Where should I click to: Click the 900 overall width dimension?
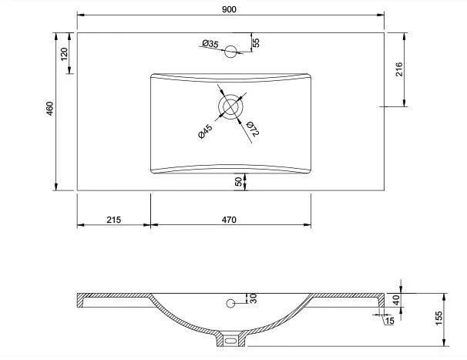tap(229, 9)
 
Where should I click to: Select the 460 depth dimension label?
tap(49, 109)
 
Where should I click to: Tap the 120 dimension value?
tap(64, 54)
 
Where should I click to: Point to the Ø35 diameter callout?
tap(210, 44)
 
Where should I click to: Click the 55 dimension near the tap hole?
tap(256, 42)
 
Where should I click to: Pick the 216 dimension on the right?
tap(399, 69)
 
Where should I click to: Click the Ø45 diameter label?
tap(205, 131)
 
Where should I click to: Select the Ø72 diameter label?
tap(253, 129)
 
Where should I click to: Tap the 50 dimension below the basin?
tap(239, 181)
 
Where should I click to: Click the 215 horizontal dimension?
tap(114, 220)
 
